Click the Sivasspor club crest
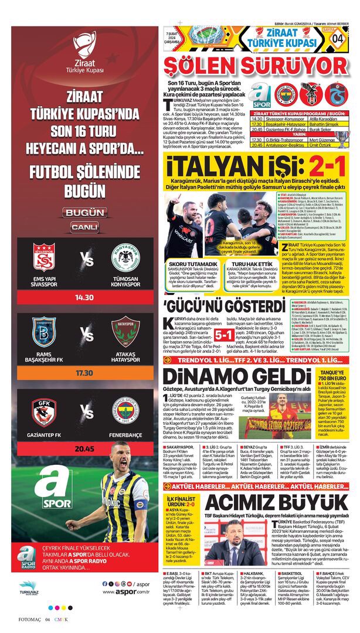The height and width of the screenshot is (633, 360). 44,257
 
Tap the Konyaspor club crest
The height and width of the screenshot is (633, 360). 125,257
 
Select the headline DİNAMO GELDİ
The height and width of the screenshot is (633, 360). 229,377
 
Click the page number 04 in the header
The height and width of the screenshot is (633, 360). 338,38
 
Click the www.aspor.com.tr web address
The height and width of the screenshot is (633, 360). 125,592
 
